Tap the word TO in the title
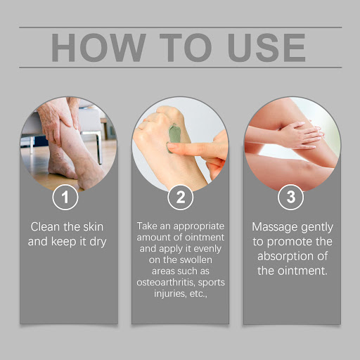coord(186,48)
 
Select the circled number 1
coord(65,197)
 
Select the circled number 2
coord(180,197)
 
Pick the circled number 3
coord(290,197)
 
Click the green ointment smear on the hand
coord(174,139)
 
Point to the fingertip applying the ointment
coord(172,146)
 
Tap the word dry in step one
coord(98,243)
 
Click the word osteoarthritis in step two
coord(166,282)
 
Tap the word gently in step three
coord(317,228)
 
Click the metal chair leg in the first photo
coord(99,147)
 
